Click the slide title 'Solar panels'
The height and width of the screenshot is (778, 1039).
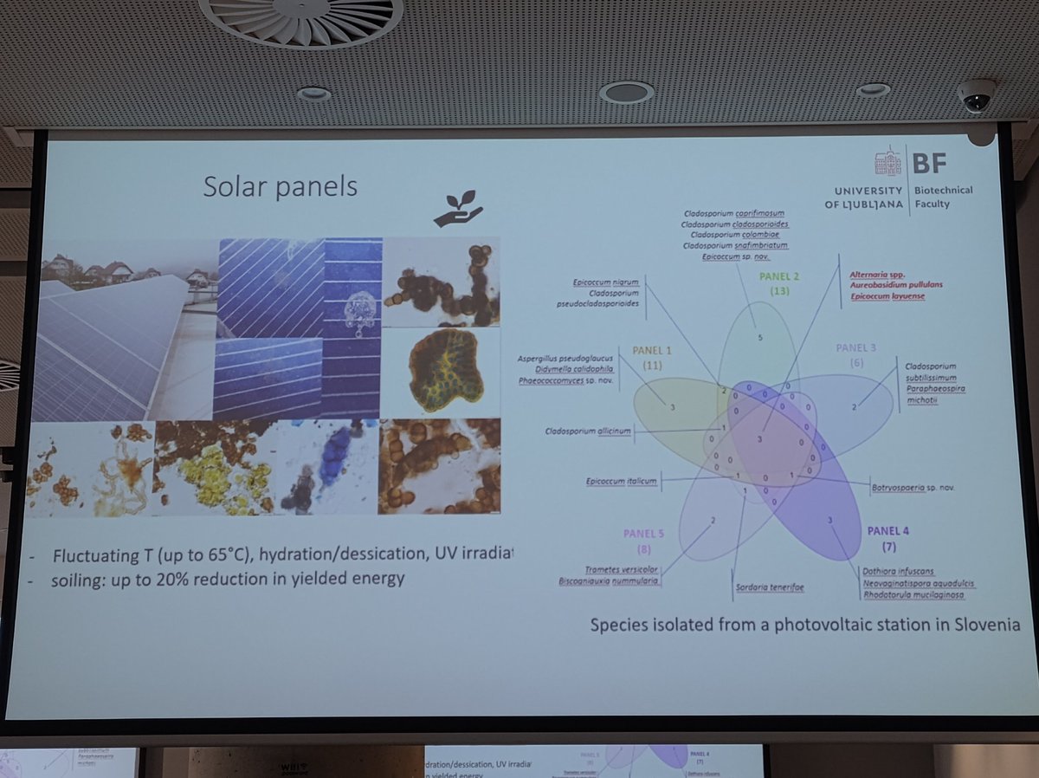pyautogui.click(x=280, y=186)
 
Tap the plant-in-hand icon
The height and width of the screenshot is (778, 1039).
pyautogui.click(x=458, y=209)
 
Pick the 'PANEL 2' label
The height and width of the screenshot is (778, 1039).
pyautogui.click(x=778, y=277)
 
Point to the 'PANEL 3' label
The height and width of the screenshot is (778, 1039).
pyautogui.click(x=856, y=347)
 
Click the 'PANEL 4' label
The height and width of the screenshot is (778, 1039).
pyautogui.click(x=888, y=530)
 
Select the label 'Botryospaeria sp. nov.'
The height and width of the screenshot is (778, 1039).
pyautogui.click(x=913, y=488)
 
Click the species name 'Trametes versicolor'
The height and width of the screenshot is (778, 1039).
pyautogui.click(x=622, y=569)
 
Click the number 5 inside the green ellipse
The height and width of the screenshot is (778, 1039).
pyautogui.click(x=759, y=336)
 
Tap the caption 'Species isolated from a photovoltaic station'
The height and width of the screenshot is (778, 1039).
pyautogui.click(x=804, y=624)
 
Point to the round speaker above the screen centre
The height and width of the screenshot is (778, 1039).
pyautogui.click(x=626, y=92)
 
